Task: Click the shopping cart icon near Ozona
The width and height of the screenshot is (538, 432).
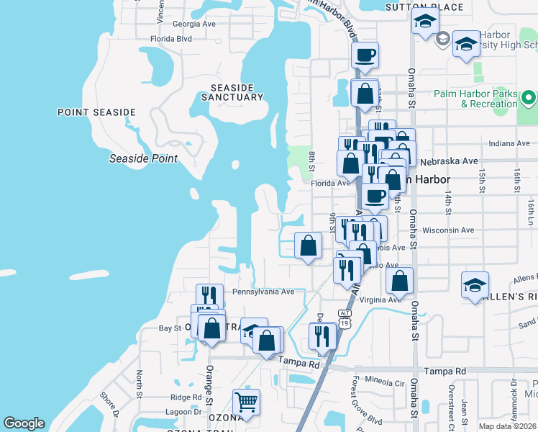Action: pyautogui.click(x=246, y=402)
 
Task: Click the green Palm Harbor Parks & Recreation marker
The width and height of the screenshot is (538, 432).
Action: pyautogui.click(x=529, y=97)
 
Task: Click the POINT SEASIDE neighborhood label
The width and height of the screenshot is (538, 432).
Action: pyautogui.click(x=96, y=112)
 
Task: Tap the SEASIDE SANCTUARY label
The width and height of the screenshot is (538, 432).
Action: pyautogui.click(x=232, y=91)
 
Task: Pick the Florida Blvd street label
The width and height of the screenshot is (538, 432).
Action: pyautogui.click(x=171, y=39)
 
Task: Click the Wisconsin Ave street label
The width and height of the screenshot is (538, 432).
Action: pyautogui.click(x=449, y=230)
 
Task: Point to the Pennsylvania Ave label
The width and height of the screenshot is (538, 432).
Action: pyautogui.click(x=263, y=292)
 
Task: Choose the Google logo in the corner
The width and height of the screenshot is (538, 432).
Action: pyautogui.click(x=24, y=423)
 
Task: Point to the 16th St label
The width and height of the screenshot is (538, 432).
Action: pyautogui.click(x=516, y=179)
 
